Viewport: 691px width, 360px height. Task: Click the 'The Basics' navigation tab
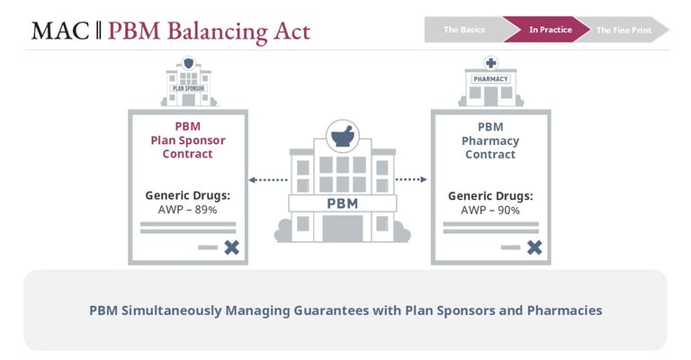[x=463, y=30]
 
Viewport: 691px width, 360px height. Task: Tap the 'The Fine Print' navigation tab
[x=624, y=30]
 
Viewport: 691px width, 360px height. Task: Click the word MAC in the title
[x=60, y=31]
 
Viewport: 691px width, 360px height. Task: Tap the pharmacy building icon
[x=490, y=81]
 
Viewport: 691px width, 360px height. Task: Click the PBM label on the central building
[x=342, y=202]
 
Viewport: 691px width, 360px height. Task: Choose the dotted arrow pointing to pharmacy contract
[x=410, y=180]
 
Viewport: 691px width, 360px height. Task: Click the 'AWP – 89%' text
[x=187, y=211]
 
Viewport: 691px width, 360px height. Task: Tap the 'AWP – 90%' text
[x=490, y=211]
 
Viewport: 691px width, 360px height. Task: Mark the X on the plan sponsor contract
[x=231, y=247]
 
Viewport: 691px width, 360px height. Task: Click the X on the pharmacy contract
[x=534, y=247]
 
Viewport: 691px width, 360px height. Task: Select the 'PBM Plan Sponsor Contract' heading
[x=187, y=140]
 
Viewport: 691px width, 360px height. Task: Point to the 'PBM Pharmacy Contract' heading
[x=490, y=140]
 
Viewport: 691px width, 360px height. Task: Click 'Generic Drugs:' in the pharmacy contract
[x=490, y=195]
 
